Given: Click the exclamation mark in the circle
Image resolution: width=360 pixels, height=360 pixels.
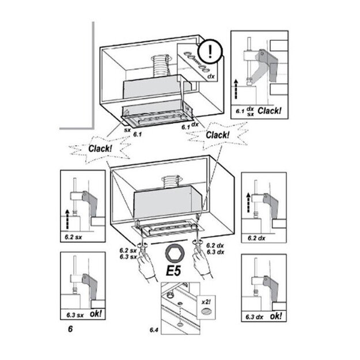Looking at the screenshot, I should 211,49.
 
